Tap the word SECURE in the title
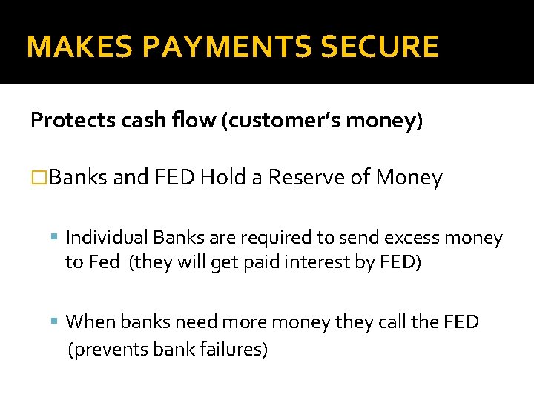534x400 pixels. coord(390,47)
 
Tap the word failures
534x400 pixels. coord(232,348)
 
